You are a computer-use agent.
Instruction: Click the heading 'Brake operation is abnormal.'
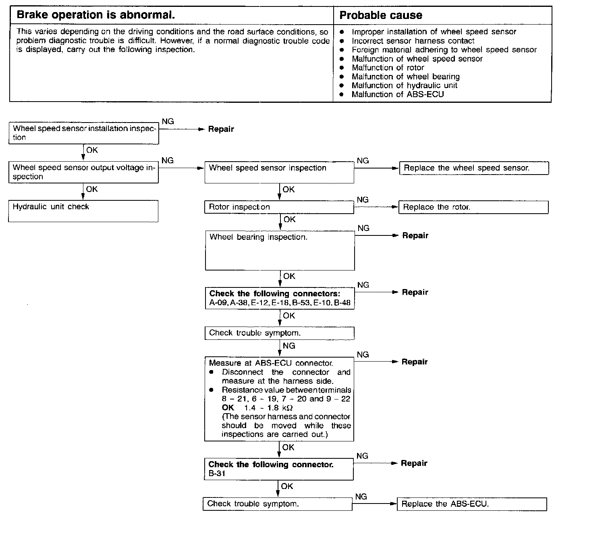96,15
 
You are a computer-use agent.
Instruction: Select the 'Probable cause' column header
381,15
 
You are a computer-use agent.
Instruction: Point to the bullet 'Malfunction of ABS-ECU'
397,95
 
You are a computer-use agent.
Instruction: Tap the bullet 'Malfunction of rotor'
388,68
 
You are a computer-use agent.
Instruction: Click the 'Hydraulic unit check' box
83,211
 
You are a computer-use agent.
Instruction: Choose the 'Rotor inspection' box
279,207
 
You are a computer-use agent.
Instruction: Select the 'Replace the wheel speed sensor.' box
474,168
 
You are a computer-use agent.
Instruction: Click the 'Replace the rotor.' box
473,207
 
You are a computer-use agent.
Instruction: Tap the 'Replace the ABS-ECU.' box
471,504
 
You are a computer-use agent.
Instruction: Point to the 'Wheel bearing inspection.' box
280,250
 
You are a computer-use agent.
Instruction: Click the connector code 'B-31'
217,474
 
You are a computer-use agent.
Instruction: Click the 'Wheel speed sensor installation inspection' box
84,133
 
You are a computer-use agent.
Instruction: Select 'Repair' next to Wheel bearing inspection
415,236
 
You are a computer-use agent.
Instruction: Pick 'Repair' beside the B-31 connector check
414,464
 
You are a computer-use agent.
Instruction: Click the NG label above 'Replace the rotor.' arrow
363,200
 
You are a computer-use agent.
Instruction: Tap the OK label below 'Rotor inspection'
289,220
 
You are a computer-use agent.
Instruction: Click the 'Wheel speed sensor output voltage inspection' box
83,172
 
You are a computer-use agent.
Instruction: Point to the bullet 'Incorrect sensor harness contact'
413,41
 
